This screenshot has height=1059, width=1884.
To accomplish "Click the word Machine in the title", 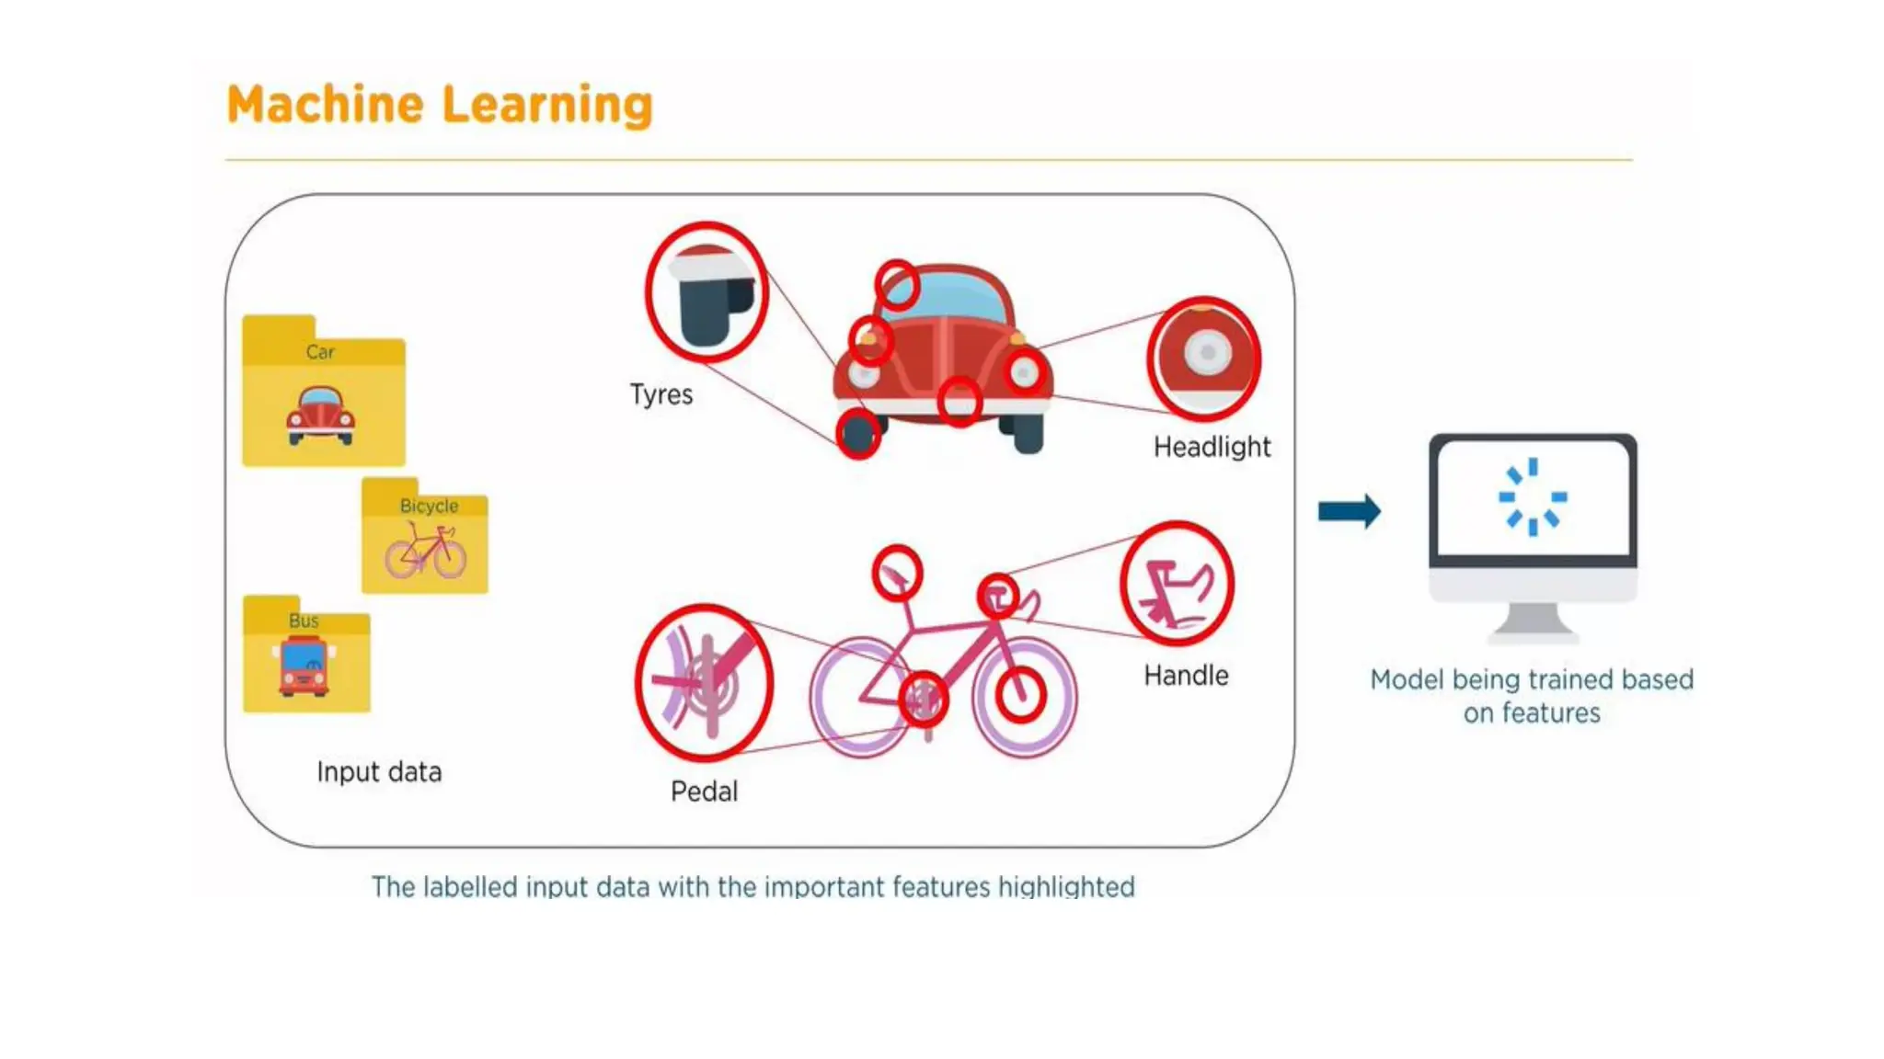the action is (x=325, y=105).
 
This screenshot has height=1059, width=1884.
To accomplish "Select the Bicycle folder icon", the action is (x=425, y=537).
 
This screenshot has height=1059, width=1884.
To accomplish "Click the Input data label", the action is (x=379, y=772).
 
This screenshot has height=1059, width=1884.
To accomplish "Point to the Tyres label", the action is (x=661, y=394).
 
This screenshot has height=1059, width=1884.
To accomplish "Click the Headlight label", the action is (x=1212, y=448).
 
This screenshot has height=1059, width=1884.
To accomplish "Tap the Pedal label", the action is (x=704, y=791).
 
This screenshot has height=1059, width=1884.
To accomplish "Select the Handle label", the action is (x=1186, y=676).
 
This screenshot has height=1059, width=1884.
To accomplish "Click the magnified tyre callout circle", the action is (x=706, y=292).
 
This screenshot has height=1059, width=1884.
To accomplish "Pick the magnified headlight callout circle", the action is (x=1204, y=358).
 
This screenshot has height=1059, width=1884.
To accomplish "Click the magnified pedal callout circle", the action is (x=705, y=682).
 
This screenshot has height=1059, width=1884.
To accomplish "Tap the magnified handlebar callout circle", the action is (x=1177, y=584).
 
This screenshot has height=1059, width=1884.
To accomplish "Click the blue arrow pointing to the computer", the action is (x=1349, y=511).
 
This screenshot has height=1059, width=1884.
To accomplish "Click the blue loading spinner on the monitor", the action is (x=1533, y=496).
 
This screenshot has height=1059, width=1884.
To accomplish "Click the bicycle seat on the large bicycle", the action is (x=896, y=574).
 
